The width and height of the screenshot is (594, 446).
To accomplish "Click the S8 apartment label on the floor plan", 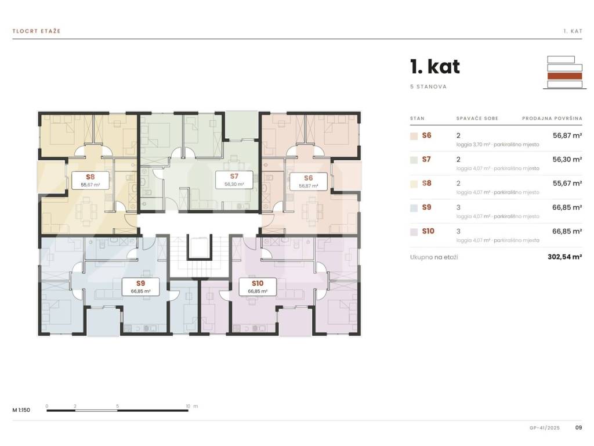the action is [90, 180].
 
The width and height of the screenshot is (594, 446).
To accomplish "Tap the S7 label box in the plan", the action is [234, 179].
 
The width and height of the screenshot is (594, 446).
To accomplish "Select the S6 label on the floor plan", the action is [309, 181].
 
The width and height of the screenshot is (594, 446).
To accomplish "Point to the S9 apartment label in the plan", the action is [140, 287].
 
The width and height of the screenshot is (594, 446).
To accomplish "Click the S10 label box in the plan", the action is [258, 287].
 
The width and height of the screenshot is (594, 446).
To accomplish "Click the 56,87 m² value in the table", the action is [567, 135].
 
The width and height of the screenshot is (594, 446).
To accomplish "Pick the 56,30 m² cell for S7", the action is [567, 159].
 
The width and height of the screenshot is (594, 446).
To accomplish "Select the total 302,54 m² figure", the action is [565, 257].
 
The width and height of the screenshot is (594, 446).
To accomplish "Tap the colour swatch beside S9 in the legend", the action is [414, 208].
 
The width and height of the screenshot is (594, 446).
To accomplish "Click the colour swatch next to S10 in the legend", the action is [414, 232].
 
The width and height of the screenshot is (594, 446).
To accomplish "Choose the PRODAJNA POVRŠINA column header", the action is [552, 118].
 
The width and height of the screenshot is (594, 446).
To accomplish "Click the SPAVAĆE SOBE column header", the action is [477, 118].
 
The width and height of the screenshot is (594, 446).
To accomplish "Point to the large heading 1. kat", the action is [435, 67].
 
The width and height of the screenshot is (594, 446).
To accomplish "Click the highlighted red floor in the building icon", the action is [564, 76].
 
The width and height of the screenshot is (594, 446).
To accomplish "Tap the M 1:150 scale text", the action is [21, 410].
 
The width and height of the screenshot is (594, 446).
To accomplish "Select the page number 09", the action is [578, 427].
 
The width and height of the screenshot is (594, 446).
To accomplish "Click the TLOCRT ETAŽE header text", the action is [37, 31].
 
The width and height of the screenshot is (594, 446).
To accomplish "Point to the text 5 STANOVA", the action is [428, 87].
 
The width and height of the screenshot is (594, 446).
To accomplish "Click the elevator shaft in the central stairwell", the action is [199, 246].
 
